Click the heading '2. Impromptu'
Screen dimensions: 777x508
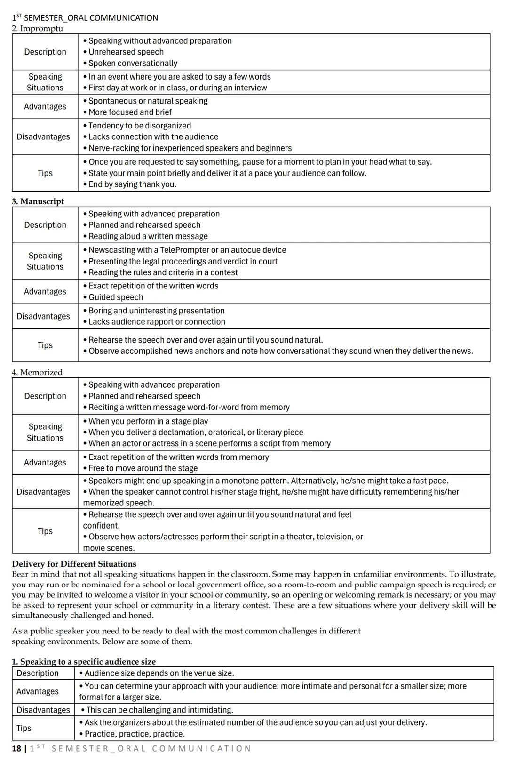37,29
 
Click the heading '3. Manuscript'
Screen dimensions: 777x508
38,201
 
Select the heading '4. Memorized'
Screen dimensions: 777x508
37,372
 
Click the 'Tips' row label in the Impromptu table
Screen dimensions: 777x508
45,173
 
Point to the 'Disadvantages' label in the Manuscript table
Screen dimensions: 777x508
43,316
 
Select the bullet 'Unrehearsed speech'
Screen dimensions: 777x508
126,52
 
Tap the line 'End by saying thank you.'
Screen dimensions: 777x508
132,184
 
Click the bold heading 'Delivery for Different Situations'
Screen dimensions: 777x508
74,564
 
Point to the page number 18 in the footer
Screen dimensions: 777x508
16,749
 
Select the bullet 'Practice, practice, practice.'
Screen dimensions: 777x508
135,734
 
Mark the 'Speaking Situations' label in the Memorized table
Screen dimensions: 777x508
45,432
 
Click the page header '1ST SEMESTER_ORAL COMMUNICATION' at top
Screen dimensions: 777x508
85,18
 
